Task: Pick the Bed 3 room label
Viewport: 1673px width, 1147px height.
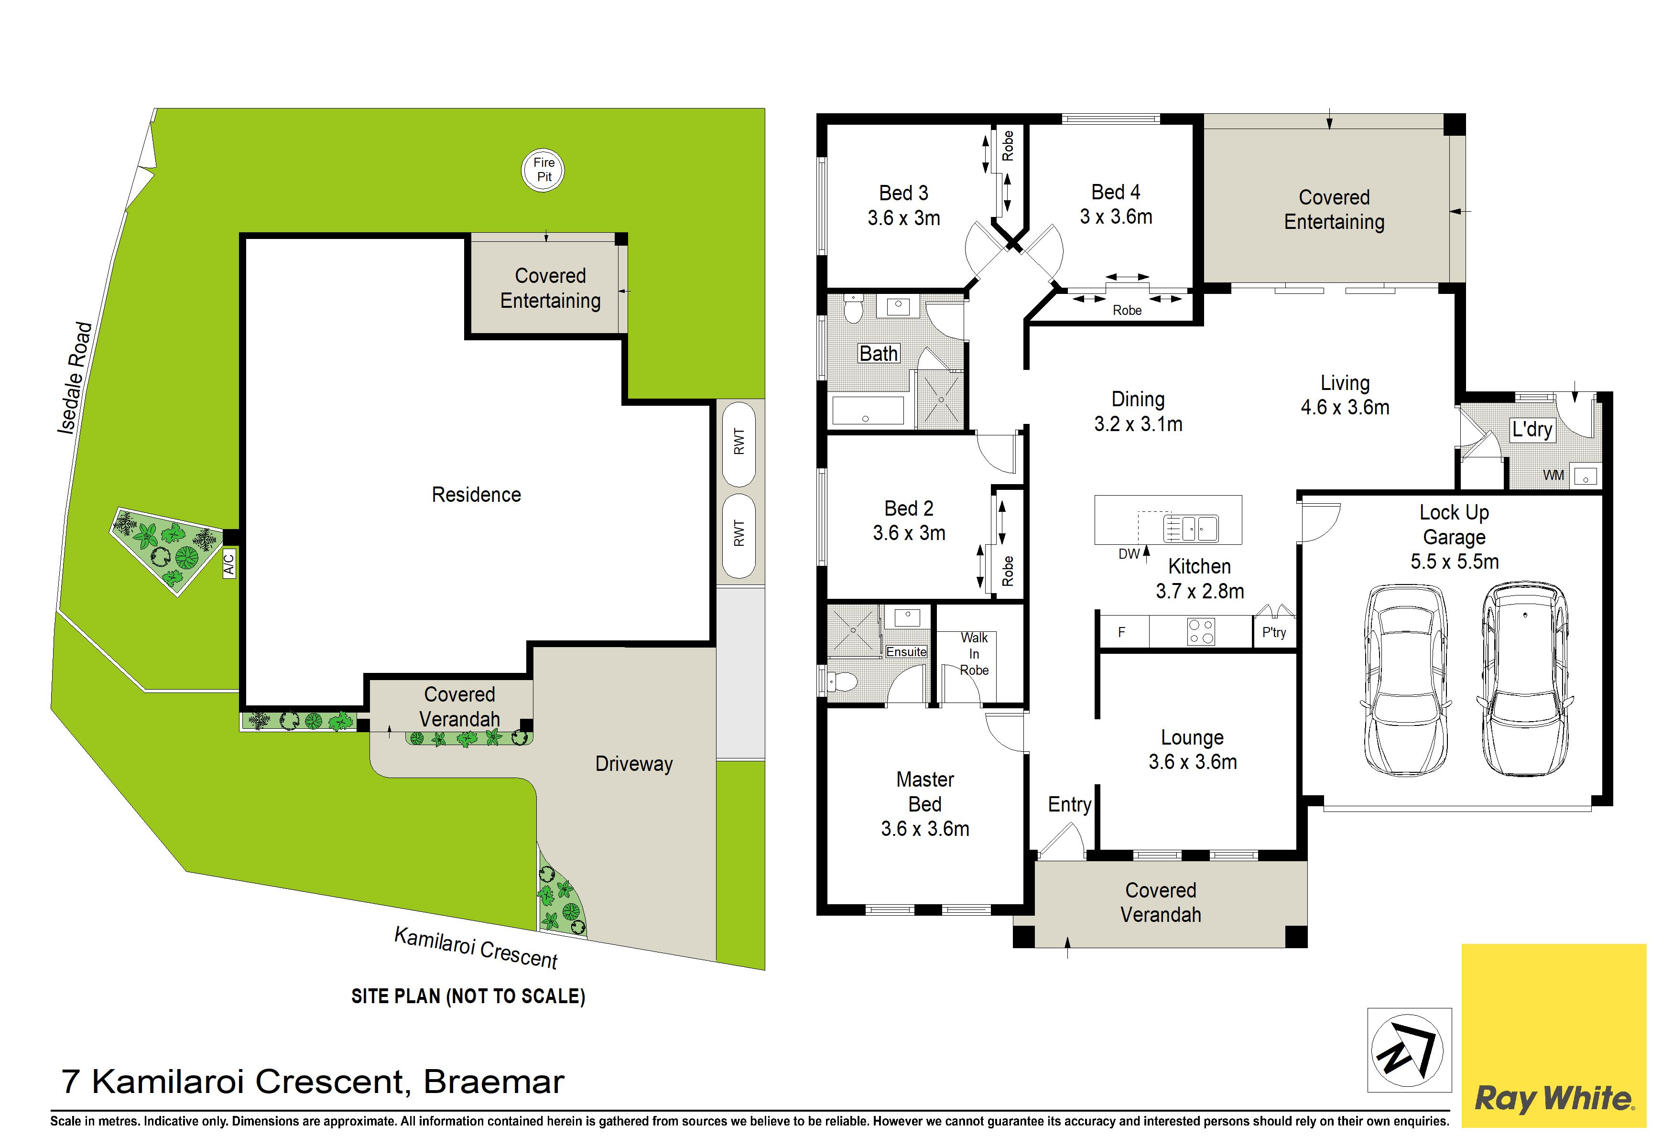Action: [903, 193]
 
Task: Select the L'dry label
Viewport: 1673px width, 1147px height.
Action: [1531, 430]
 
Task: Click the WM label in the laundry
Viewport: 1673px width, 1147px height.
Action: [1553, 476]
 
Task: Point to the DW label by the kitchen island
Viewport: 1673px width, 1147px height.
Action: [1129, 554]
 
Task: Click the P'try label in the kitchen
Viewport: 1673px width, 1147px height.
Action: [1273, 632]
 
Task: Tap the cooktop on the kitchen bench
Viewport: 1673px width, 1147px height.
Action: [1201, 632]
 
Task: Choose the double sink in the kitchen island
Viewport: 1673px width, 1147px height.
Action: [1191, 528]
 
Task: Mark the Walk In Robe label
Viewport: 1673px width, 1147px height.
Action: [974, 653]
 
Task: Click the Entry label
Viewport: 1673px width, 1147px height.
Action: [1069, 804]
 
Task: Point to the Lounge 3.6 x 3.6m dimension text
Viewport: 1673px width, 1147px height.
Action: [1193, 761]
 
